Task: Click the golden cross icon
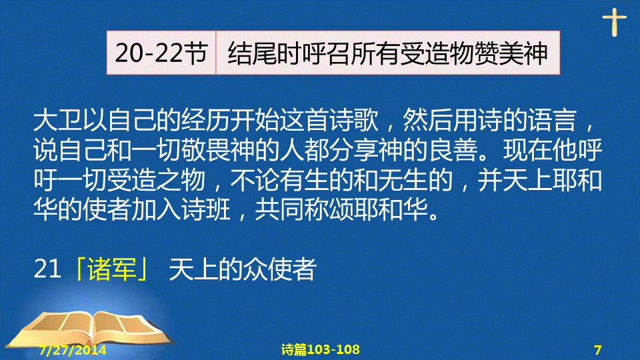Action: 614,21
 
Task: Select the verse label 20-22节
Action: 161,53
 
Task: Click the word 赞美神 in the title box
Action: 511,53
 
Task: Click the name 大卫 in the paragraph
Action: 57,121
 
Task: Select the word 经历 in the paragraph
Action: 206,121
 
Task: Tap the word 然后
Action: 427,121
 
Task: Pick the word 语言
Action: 551,121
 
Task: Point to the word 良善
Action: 453,150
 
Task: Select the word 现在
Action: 528,150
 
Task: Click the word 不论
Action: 255,180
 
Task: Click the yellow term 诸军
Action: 112,269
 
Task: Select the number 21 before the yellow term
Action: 47,269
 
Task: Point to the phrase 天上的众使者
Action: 243,269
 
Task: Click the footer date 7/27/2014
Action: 73,350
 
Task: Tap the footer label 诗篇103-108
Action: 321,349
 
